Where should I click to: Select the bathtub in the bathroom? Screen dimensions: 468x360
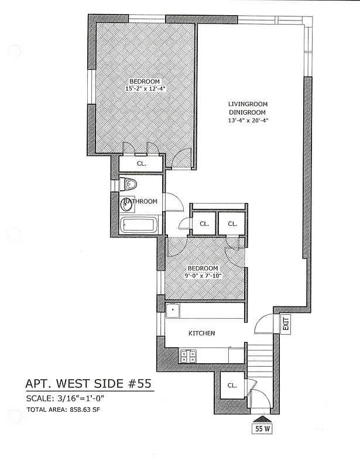click(138, 225)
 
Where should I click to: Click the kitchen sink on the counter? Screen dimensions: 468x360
click(173, 311)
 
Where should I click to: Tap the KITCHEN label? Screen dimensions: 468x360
click(201, 333)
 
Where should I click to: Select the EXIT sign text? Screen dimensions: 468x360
click(286, 323)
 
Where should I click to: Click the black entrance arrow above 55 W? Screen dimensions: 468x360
click(262, 418)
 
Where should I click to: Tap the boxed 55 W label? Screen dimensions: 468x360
click(262, 428)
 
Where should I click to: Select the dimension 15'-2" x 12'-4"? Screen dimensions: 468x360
click(146, 89)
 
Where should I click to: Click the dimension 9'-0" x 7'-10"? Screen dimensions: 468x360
click(203, 276)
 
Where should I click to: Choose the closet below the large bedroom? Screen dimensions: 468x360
click(141, 164)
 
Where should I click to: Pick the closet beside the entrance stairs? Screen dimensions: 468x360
click(232, 386)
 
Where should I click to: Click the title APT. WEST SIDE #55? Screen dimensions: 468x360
click(88, 384)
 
